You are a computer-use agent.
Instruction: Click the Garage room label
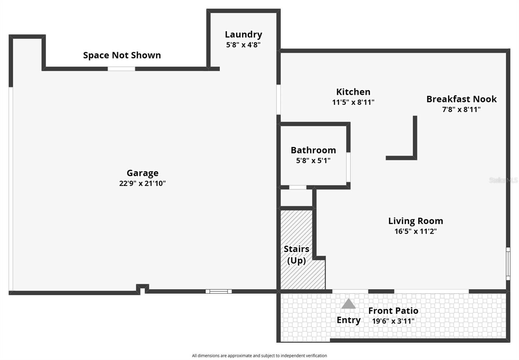[142, 173]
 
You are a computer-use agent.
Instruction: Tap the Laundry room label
[243, 34]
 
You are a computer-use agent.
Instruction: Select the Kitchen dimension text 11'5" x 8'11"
[353, 102]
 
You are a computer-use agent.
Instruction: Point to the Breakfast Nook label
[461, 99]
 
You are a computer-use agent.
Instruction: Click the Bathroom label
[313, 150]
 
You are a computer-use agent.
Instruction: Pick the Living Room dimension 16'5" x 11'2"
[416, 231]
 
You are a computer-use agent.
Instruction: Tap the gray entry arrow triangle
[348, 304]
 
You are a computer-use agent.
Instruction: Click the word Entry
[348, 320]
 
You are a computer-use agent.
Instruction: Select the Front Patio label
[393, 311]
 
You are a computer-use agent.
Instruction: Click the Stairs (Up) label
[296, 255]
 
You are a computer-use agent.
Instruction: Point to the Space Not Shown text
[122, 55]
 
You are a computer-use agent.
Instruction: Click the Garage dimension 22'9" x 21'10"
[142, 183]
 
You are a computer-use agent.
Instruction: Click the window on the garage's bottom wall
[218, 291]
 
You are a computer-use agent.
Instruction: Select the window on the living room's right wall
[508, 263]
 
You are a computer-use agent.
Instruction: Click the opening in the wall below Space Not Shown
[121, 69]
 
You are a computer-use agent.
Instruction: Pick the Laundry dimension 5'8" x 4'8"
[243, 45]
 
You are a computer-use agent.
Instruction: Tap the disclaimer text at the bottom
[259, 355]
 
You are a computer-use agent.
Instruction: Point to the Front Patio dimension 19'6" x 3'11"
[393, 321]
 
